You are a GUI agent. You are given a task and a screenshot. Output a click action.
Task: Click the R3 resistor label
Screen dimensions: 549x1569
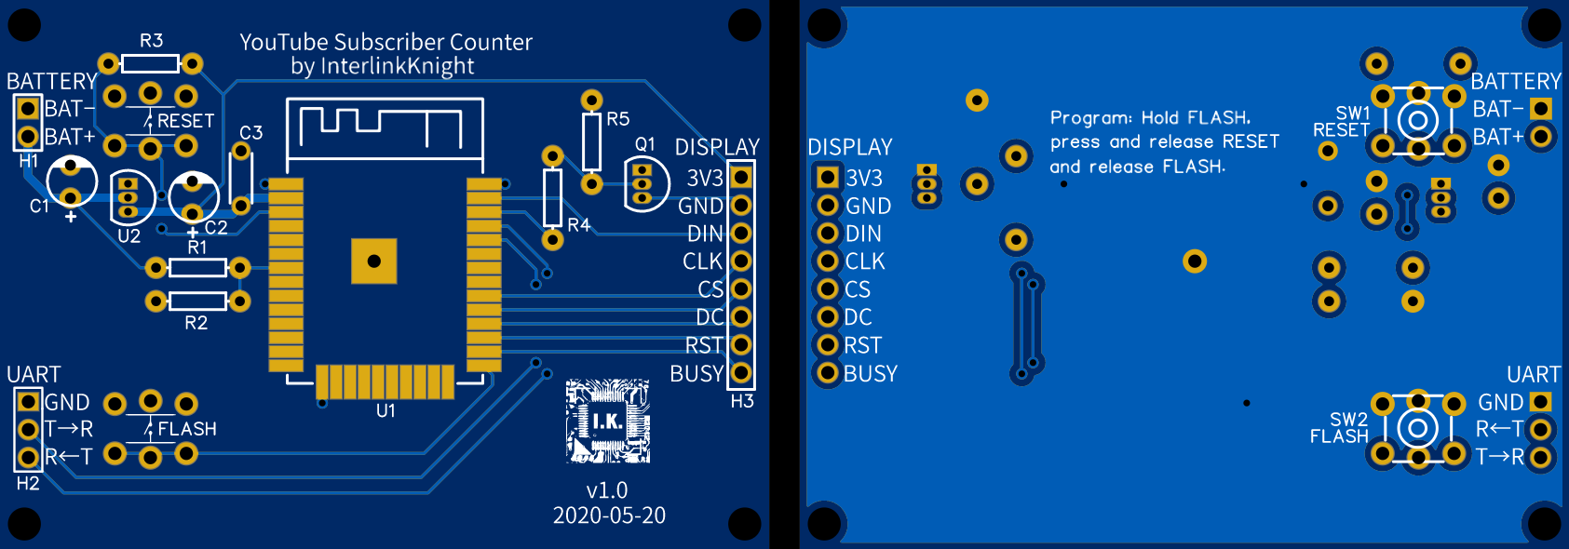coord(151,41)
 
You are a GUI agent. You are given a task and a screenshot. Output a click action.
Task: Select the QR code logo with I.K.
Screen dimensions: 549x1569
coord(608,422)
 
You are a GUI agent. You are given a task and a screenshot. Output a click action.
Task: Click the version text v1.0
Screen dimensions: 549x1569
coord(607,490)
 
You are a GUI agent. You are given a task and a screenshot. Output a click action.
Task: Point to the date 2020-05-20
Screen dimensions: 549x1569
coord(609,516)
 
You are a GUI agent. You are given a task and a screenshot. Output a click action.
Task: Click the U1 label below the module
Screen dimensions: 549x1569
coord(385,410)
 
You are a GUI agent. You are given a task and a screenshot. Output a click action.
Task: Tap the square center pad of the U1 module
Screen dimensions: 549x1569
coord(374,261)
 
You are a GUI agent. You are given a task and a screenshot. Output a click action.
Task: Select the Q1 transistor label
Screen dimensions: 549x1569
coord(644,144)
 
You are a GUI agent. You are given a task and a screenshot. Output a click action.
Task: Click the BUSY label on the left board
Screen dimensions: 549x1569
coord(697,374)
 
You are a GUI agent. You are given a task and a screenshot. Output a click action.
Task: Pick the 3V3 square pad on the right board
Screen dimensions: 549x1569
coord(827,177)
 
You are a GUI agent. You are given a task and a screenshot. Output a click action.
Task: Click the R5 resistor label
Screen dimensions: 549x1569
coord(617,119)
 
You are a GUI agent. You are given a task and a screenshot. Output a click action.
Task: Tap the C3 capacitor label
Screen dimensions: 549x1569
coord(250,133)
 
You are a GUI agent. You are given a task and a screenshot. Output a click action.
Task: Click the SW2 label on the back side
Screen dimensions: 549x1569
coord(1348,420)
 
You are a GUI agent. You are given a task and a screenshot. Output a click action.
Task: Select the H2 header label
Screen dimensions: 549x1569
coord(28,484)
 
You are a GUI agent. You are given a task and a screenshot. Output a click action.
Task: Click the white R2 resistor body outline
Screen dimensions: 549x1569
coord(197,301)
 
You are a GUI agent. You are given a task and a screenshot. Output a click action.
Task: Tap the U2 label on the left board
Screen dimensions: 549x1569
coord(128,236)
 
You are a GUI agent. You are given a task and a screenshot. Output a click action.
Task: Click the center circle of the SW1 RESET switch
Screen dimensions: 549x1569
coord(1417,120)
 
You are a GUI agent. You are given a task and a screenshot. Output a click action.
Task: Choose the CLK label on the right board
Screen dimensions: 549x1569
coord(864,261)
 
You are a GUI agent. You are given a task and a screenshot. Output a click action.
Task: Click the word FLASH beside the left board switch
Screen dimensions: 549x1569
coord(187,429)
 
